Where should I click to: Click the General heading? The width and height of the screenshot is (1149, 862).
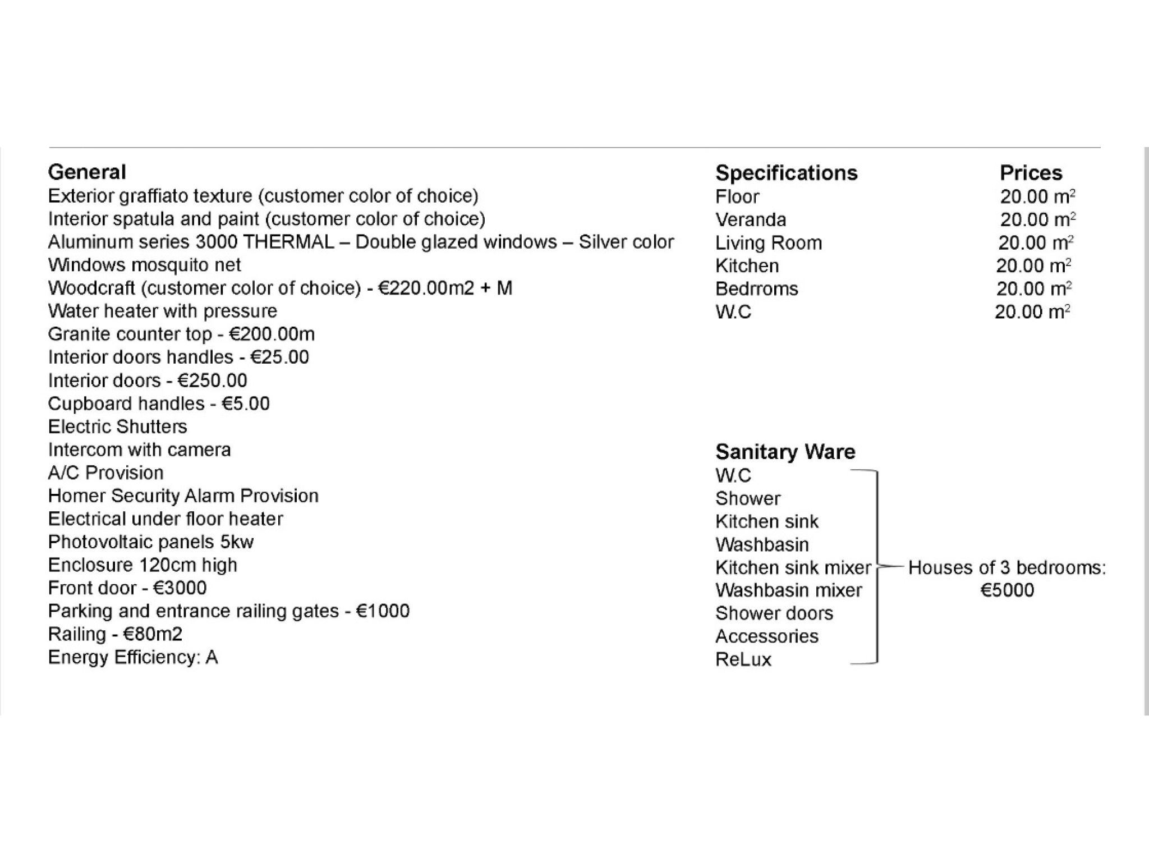(x=87, y=172)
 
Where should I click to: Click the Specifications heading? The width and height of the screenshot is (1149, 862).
(x=786, y=173)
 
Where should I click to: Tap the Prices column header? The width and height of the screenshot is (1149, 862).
(x=1031, y=173)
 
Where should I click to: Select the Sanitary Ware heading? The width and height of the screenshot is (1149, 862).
(x=785, y=452)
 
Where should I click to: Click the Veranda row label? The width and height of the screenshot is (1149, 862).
(x=750, y=219)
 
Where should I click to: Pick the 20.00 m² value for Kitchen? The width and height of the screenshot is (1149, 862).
(x=1033, y=265)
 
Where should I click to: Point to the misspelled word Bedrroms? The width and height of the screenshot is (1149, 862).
(x=756, y=288)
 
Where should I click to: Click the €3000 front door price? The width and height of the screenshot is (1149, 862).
(x=180, y=588)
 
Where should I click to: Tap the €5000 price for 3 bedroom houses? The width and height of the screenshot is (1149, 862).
(x=1006, y=590)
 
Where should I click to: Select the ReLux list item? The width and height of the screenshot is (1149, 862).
(x=743, y=659)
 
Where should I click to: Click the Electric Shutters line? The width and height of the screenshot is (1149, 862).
(x=117, y=427)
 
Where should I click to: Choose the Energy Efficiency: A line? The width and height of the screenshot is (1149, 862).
(x=132, y=657)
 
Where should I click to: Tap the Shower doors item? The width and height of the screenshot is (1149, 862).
(x=774, y=613)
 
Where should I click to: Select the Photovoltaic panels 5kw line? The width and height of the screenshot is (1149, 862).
(x=150, y=542)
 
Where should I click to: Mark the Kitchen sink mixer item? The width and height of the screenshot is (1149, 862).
(x=793, y=567)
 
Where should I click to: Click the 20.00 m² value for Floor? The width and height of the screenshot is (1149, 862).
(x=1037, y=196)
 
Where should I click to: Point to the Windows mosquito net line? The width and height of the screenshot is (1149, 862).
(x=144, y=265)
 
